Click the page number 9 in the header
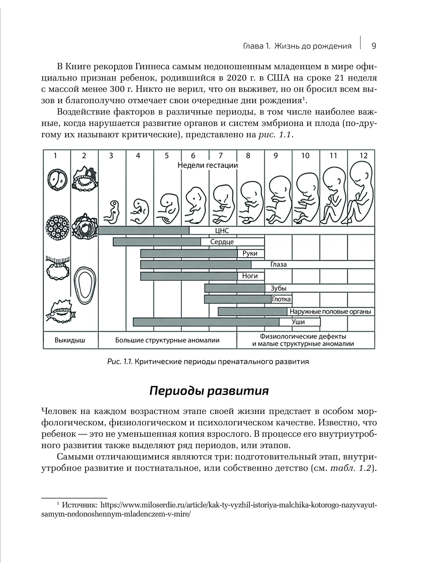[x=374, y=46]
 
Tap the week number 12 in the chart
[x=363, y=156]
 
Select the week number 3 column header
[x=111, y=156]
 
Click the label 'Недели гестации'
[x=208, y=165]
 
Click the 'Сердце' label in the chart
[x=222, y=242]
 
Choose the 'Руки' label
[x=250, y=253]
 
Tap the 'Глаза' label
[x=278, y=264]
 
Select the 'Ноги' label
[x=250, y=276]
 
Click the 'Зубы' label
[x=278, y=288]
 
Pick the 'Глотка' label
[x=282, y=299]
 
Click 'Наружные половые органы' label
[x=330, y=311]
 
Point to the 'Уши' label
[x=298, y=322]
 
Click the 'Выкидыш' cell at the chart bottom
[x=70, y=340]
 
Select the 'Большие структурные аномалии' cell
[x=167, y=340]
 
